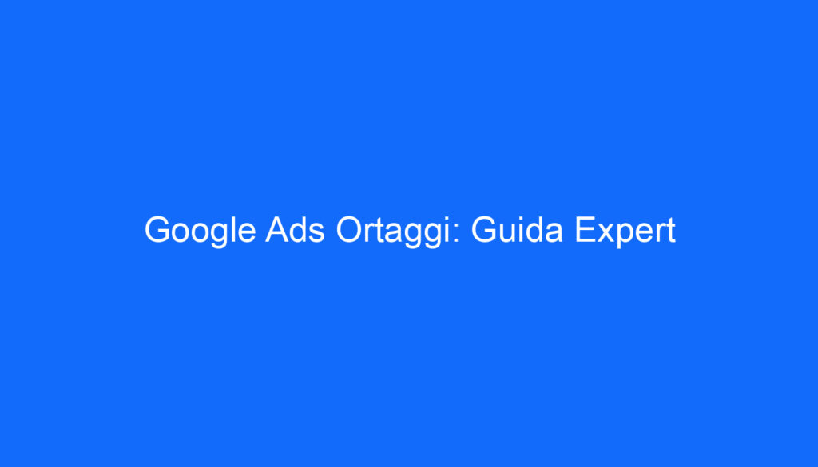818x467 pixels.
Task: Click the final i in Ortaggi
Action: [453, 232]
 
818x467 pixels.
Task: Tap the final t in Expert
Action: [670, 232]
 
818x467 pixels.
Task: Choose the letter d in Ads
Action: [297, 232]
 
